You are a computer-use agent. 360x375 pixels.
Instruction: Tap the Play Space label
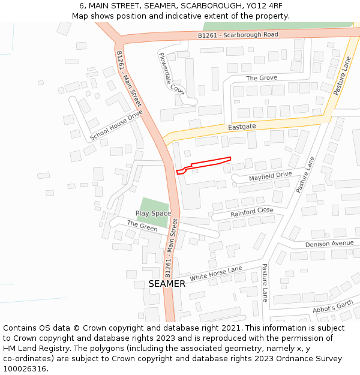point(153,214)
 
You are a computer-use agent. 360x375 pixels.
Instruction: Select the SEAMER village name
point(167,284)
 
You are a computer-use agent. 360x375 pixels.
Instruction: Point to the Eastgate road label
point(242,127)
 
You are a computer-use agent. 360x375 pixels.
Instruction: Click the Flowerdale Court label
point(171,73)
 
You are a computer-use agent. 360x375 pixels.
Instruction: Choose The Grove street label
point(262,78)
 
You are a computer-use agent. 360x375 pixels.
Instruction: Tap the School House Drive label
point(116,125)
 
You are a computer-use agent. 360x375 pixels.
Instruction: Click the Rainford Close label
point(251,212)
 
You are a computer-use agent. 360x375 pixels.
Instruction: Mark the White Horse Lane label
point(216,274)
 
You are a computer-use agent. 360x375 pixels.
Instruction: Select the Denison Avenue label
point(329,244)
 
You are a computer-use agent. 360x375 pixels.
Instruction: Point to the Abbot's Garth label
point(333,307)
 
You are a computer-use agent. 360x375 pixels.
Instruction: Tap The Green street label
point(142,226)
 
